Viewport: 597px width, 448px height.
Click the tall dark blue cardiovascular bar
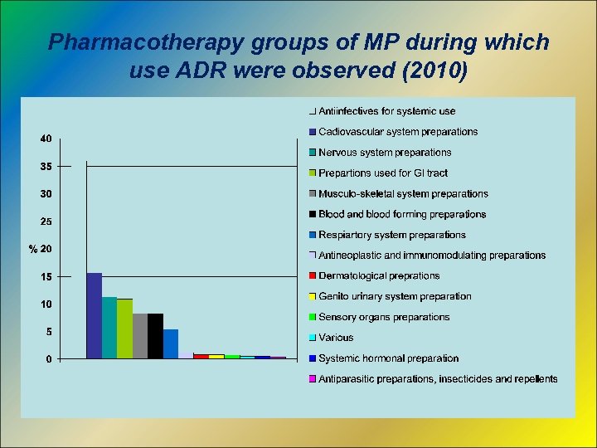pos(95,315)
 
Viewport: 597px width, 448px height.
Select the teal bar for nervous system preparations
pos(109,327)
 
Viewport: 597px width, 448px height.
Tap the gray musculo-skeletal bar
pos(140,335)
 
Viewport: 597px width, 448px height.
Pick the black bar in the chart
pos(156,335)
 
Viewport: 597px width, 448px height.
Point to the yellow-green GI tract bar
pos(125,329)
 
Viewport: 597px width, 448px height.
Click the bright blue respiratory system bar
pos(171,343)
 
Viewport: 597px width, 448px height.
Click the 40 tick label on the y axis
pos(46,139)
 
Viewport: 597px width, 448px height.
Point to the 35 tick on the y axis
pos(46,166)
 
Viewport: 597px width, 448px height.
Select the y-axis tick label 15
pos(46,276)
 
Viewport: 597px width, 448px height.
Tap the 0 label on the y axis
pos(49,359)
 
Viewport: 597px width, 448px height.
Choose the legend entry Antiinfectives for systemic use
pos(386,111)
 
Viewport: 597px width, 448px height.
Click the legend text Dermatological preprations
pos(379,275)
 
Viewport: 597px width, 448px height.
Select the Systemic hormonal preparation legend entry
pos(388,358)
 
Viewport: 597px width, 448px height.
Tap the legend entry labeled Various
pos(336,338)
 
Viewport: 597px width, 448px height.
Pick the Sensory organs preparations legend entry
pos(384,317)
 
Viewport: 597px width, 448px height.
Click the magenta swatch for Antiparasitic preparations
pos(313,379)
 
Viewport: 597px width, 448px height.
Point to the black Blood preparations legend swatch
pos(313,215)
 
